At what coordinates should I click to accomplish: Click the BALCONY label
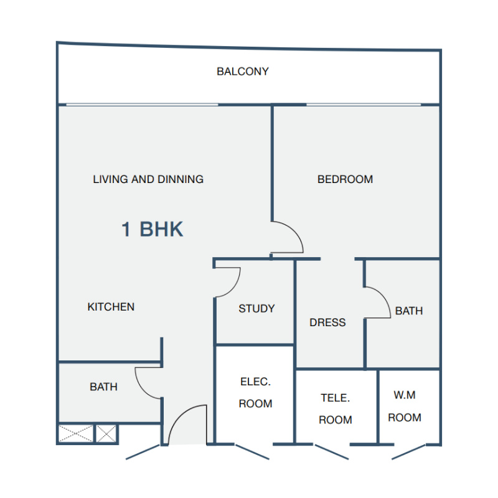pyautogui.click(x=243, y=72)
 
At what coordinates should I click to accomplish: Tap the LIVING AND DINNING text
pyautogui.click(x=148, y=179)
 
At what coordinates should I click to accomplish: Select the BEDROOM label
pyautogui.click(x=345, y=179)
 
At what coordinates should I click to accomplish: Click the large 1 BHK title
pyautogui.click(x=153, y=229)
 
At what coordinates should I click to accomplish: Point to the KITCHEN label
pyautogui.click(x=111, y=307)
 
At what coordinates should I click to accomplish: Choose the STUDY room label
pyautogui.click(x=256, y=309)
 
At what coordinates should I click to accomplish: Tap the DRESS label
pyautogui.click(x=327, y=322)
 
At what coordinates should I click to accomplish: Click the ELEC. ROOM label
pyautogui.click(x=256, y=393)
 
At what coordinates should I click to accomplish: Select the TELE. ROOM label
pyautogui.click(x=336, y=409)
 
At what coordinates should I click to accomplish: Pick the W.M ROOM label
pyautogui.click(x=405, y=406)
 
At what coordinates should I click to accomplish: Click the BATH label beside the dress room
pyautogui.click(x=409, y=311)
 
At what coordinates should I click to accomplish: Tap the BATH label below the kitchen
pyautogui.click(x=103, y=387)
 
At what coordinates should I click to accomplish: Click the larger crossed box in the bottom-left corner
pyautogui.click(x=75, y=433)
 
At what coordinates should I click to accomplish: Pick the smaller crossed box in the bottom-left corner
pyautogui.click(x=106, y=433)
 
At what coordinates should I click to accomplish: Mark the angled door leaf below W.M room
pyautogui.click(x=408, y=453)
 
